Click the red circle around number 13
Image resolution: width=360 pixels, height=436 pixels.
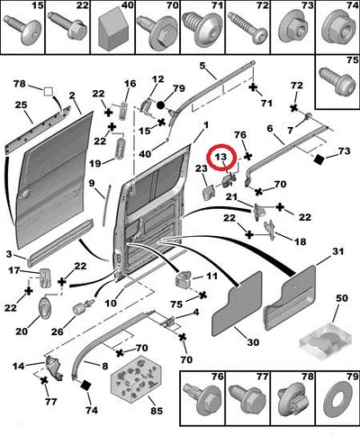(x=210, y=157)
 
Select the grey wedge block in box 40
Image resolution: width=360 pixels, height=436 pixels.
(x=113, y=32)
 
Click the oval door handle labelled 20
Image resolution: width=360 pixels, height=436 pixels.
(x=45, y=307)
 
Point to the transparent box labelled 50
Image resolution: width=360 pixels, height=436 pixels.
(x=326, y=341)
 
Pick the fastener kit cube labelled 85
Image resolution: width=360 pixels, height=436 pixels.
(x=137, y=377)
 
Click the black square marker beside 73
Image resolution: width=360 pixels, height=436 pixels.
(x=319, y=159)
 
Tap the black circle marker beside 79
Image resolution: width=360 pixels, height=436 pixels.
(x=161, y=104)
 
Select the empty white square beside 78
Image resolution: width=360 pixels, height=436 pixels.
(x=49, y=91)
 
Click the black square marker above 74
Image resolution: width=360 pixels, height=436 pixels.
(x=86, y=386)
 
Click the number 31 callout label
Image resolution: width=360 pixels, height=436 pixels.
(x=337, y=251)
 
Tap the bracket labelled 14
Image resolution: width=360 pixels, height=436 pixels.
(x=54, y=368)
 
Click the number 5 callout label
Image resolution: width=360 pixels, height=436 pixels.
(x=202, y=66)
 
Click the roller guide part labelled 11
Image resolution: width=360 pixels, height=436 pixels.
(x=183, y=279)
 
